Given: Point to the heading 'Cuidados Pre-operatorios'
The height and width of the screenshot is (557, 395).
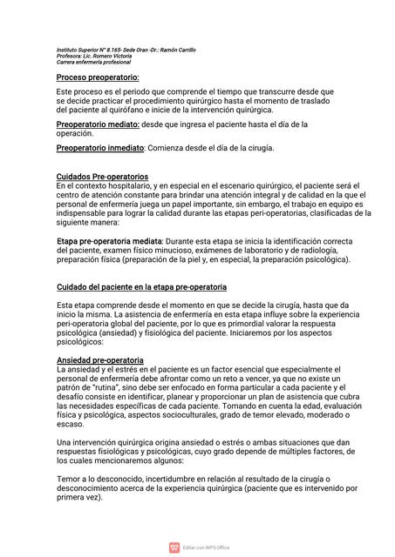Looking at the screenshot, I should pos(102,177).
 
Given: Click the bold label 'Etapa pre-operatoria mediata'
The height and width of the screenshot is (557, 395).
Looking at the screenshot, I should pos(109,240).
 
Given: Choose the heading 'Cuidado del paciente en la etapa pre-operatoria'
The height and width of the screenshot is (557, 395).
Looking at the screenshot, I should pos(141,286).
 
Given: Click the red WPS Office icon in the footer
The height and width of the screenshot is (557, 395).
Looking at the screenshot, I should pos(174,547).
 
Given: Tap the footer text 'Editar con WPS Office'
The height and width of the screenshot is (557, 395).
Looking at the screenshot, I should pos(206,547).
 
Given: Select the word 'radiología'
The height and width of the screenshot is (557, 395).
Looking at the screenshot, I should pos(303,250).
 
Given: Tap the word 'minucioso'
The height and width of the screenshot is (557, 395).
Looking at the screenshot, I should pos(168,250).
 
